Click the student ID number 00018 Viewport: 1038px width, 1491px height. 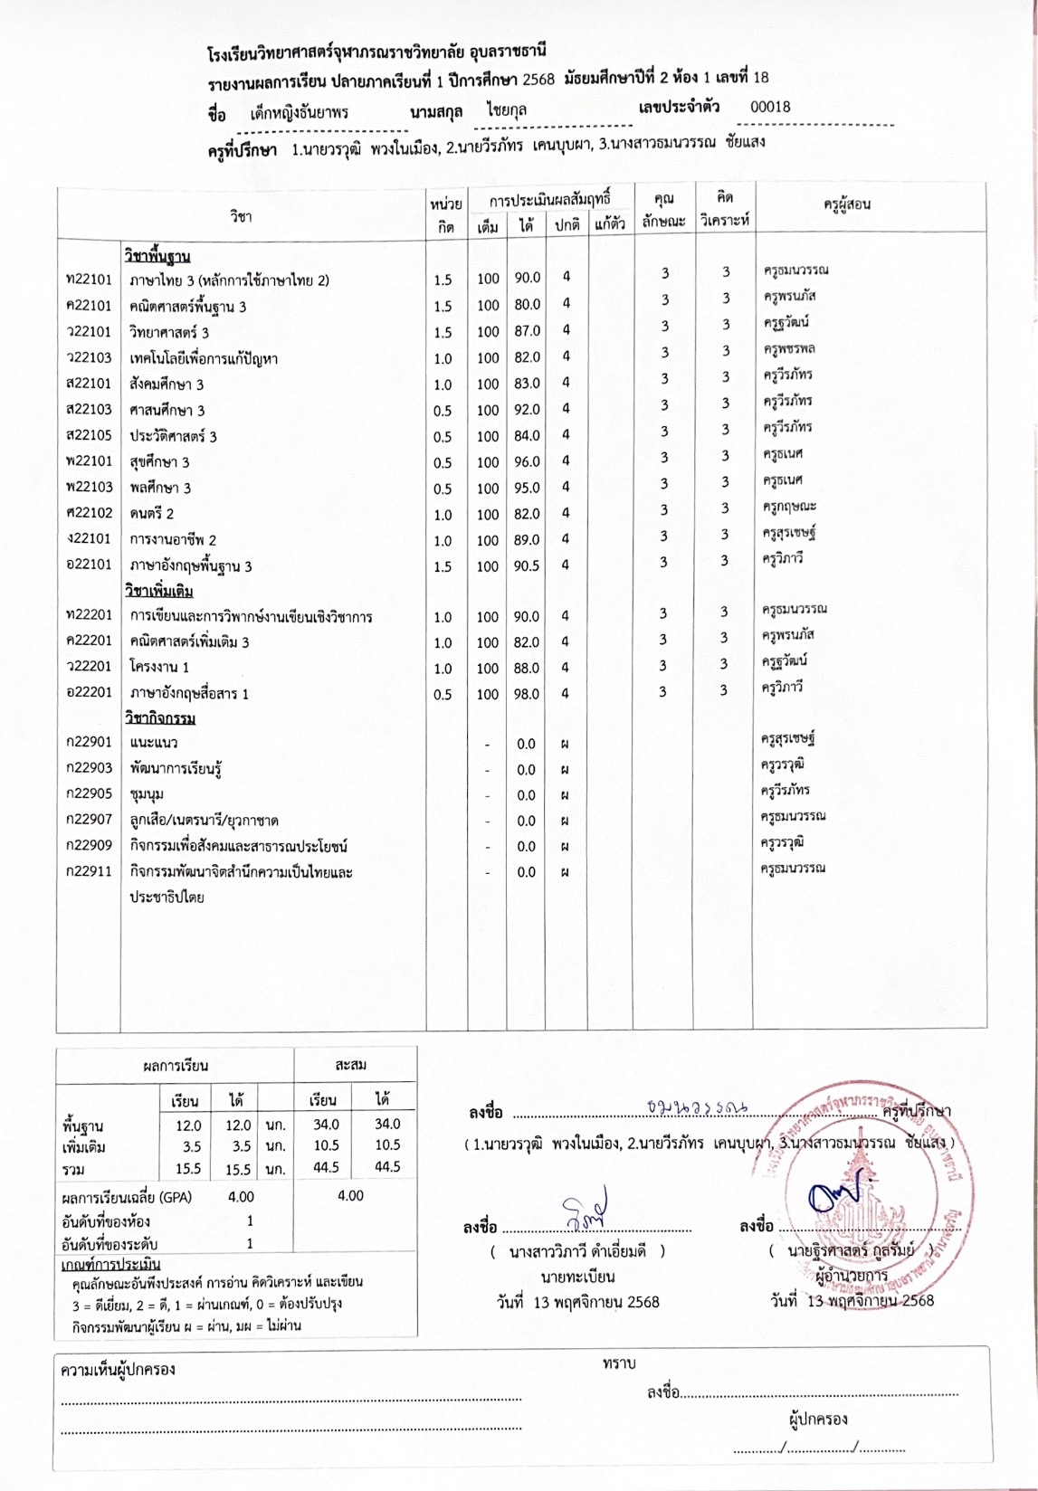(x=770, y=107)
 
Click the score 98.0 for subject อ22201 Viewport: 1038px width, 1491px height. (x=527, y=694)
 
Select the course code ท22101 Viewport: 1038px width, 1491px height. (x=89, y=280)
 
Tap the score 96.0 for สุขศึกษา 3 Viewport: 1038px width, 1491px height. (x=527, y=461)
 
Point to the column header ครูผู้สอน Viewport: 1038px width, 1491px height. (x=846, y=204)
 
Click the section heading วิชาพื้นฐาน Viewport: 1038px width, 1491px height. (x=157, y=256)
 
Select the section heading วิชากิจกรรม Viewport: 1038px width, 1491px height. (x=160, y=718)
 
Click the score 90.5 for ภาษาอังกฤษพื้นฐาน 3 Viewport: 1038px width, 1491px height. (x=527, y=565)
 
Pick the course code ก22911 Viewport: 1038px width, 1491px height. (x=89, y=872)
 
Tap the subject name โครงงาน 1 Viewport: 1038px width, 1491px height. (x=159, y=668)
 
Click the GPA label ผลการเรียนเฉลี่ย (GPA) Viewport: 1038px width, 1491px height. (x=127, y=1197)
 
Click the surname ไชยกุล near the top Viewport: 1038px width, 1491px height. (x=507, y=110)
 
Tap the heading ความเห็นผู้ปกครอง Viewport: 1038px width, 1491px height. (x=118, y=1370)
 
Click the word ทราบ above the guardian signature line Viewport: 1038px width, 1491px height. (x=619, y=1363)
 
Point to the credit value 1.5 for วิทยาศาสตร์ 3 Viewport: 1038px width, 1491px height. (x=443, y=332)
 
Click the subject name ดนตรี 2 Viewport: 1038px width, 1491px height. (x=151, y=513)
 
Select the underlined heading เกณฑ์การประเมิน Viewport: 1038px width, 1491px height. (x=110, y=1264)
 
